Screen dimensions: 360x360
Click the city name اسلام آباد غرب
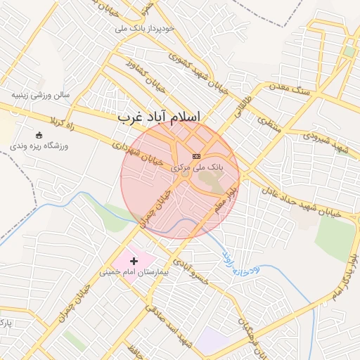tap(158, 116)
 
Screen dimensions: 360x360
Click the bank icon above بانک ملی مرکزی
tap(196, 156)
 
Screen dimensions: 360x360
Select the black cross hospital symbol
tap(134, 261)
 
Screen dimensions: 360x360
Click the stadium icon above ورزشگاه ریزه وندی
tap(39, 135)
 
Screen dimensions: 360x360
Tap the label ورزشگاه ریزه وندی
tap(38, 147)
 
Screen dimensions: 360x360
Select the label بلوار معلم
tap(229, 198)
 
